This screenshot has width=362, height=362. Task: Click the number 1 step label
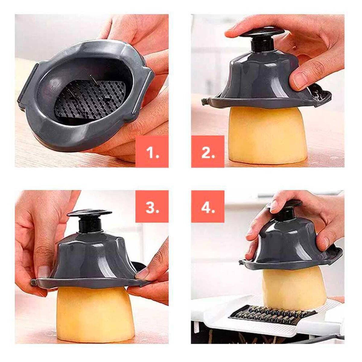click(x=152, y=151)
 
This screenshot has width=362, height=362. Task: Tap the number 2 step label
click(x=208, y=151)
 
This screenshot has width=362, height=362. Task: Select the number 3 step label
click(x=152, y=206)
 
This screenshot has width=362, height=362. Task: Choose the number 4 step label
click(x=208, y=206)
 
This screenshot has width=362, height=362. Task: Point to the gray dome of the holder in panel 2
click(x=259, y=75)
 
